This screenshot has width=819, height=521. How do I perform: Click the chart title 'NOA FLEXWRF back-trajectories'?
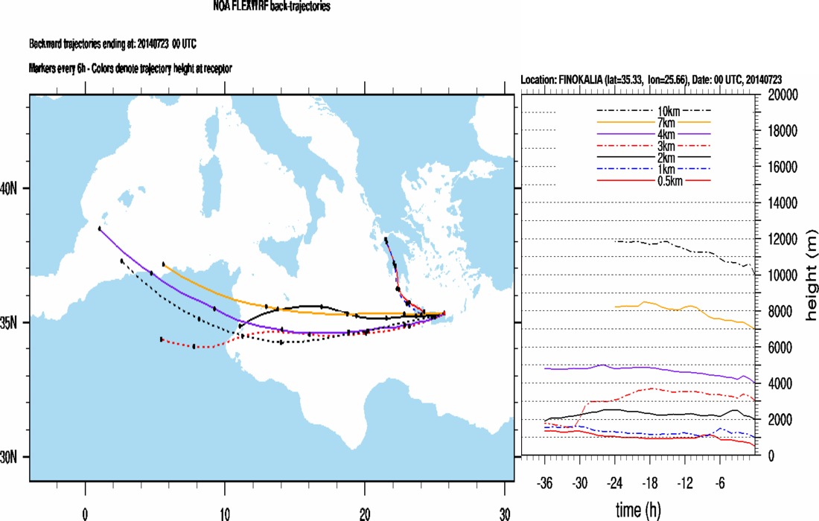[x=272, y=7]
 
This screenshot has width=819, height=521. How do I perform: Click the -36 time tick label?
[x=545, y=482]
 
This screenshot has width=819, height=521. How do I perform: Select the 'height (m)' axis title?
[x=811, y=275]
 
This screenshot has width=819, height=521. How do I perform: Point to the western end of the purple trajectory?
[x=100, y=228]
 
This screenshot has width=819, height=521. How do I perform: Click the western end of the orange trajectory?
[x=164, y=264]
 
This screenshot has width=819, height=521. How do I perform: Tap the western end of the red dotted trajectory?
[x=162, y=339]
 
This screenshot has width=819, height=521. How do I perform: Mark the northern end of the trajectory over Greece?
[x=386, y=240]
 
